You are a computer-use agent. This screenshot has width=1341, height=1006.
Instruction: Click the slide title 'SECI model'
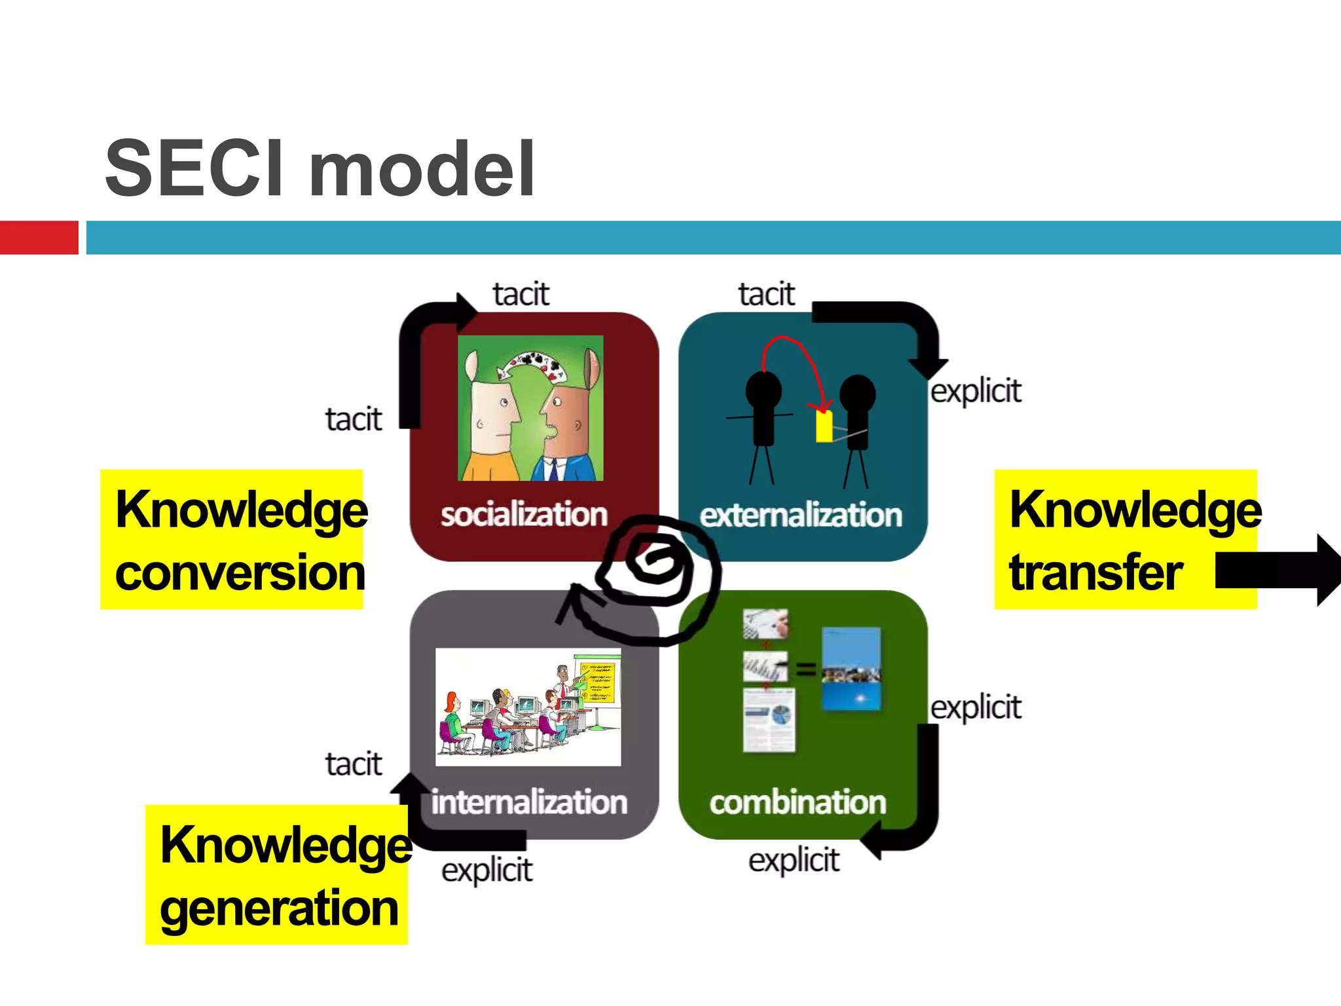pos(320,169)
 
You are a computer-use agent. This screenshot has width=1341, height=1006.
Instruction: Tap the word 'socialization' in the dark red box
pos(524,515)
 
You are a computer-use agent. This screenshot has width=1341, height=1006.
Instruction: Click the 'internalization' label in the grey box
pos(528,802)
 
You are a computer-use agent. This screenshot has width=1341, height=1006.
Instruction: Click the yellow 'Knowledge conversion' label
pos(232,540)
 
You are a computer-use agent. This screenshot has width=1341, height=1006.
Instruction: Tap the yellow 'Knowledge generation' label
pos(277,875)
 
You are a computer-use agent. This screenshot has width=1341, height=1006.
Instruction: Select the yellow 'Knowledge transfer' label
pos(1113,540)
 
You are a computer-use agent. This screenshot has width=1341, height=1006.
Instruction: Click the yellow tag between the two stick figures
pos(824,426)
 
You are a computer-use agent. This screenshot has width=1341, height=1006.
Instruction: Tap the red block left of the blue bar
pos(39,237)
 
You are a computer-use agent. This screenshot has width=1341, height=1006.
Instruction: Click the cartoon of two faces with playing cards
pos(530,408)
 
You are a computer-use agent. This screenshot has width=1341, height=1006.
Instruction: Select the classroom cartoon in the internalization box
pos(528,707)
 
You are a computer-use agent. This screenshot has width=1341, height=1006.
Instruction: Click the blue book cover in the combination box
pos(851,668)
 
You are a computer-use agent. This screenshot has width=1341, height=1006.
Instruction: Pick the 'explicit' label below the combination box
pos(794,860)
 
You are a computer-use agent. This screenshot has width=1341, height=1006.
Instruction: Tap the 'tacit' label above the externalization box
pos(766,294)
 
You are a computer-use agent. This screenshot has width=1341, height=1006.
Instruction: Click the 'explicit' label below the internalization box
pos(487,870)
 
